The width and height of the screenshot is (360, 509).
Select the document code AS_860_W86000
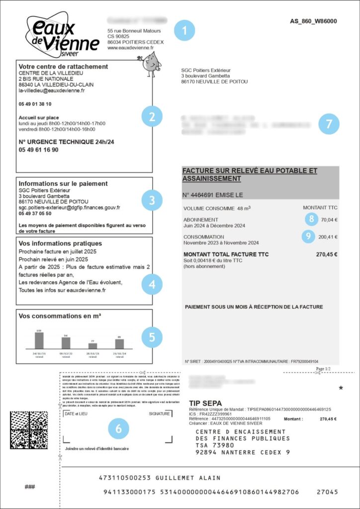click(313, 21)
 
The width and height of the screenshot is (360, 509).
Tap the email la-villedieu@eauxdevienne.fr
click(52, 91)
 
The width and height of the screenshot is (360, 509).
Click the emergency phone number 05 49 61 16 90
click(38, 150)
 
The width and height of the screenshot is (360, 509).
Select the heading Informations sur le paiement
click(63, 183)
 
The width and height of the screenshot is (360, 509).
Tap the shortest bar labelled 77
click(92, 345)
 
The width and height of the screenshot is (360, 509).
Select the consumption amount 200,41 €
click(328, 237)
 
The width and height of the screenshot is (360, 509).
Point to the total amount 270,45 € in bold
click(326, 254)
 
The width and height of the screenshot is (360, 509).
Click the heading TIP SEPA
click(206, 402)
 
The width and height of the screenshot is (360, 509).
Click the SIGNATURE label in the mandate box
click(159, 414)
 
